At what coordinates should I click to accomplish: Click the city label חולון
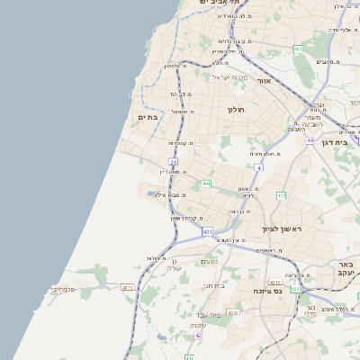click(237, 110)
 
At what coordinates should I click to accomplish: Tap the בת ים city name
click(147, 117)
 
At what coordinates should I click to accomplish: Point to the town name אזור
click(265, 81)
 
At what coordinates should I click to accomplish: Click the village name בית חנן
click(213, 284)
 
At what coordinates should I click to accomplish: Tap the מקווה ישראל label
click(228, 76)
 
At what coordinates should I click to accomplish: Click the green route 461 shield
click(297, 49)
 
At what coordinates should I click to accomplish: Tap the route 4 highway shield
click(258, 167)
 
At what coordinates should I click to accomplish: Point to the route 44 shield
click(310, 140)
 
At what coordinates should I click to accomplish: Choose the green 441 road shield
click(206, 184)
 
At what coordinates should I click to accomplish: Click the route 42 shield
click(198, 335)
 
